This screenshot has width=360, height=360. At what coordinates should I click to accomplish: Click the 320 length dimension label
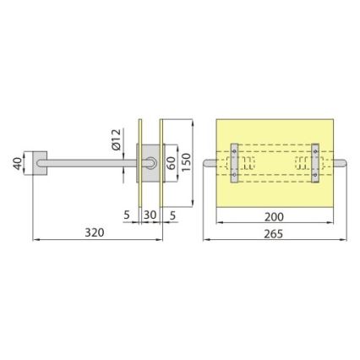[95, 232]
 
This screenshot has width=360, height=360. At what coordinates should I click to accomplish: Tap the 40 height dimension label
[17, 162]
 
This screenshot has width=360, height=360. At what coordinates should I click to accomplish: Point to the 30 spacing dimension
[149, 215]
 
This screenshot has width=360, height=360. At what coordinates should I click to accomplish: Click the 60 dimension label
[172, 162]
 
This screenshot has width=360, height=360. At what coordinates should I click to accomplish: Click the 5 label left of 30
[127, 215]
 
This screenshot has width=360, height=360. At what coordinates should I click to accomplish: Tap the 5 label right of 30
[172, 215]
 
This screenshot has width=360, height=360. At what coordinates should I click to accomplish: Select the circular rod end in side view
[150, 162]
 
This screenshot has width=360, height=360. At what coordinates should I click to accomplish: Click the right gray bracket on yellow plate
[315, 162]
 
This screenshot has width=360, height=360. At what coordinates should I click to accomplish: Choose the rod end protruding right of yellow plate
[340, 162]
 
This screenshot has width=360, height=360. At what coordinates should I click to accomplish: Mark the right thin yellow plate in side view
[161, 162]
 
